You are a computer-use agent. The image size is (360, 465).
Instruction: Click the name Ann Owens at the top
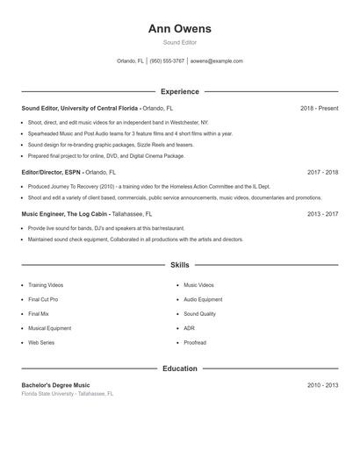pos(180,28)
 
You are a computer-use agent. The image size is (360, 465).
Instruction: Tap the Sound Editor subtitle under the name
pos(180,42)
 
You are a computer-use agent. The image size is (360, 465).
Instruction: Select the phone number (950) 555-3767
pos(167,61)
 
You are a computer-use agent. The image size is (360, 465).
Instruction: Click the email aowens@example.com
pos(216,61)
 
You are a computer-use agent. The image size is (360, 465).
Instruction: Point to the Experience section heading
pos(180,91)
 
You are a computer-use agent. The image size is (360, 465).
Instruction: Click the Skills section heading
pos(180,264)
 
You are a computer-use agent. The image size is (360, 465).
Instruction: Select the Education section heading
pos(180,368)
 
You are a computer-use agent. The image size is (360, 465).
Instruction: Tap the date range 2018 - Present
pos(319,108)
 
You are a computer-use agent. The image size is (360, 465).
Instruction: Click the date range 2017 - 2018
pos(322,173)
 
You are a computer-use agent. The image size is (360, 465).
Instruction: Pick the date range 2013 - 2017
pos(322,213)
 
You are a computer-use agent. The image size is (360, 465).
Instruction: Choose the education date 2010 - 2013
pos(322,385)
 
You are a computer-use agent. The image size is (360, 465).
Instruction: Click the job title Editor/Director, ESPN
pos(52,173)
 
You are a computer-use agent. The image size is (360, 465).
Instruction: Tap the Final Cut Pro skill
pos(43,299)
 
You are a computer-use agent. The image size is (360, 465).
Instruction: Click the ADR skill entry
pos(189,328)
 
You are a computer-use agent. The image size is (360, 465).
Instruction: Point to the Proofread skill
pos(195,342)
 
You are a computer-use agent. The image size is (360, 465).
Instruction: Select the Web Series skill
pos(41,342)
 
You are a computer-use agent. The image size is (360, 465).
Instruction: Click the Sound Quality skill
pos(199,313)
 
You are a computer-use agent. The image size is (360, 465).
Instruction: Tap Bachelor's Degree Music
pos(55,385)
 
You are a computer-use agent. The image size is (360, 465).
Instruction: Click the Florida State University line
pos(68,394)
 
